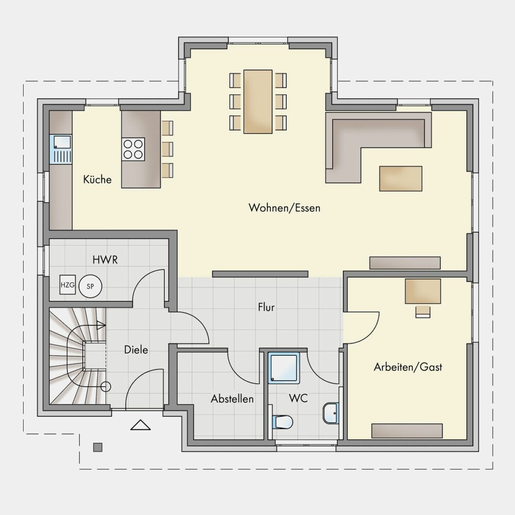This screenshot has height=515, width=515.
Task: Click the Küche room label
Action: [97, 179]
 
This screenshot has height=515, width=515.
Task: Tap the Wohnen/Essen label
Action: [284, 208]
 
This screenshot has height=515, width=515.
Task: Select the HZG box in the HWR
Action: [67, 285]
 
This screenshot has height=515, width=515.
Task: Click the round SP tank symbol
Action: [90, 286]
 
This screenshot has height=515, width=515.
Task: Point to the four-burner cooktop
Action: [133, 149]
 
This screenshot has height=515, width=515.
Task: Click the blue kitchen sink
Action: [60, 149]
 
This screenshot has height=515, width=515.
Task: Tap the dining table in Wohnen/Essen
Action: [258, 101]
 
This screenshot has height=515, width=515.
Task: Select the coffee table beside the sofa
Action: [401, 179]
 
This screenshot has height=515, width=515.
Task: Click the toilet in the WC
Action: [282, 422]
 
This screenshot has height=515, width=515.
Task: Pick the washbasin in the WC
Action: [331, 413]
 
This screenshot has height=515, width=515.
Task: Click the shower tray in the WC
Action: [284, 368]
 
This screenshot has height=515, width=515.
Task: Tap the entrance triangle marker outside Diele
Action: [141, 425]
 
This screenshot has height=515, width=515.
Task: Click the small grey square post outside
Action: [97, 447]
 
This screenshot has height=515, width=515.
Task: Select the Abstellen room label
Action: [232, 399]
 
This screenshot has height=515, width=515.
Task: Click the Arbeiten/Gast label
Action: [408, 367]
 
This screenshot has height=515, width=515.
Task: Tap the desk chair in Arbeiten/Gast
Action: [423, 312]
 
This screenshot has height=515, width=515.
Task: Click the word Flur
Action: [266, 307]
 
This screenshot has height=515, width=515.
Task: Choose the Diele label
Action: [136, 350]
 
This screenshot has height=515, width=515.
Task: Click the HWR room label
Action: [105, 260]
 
